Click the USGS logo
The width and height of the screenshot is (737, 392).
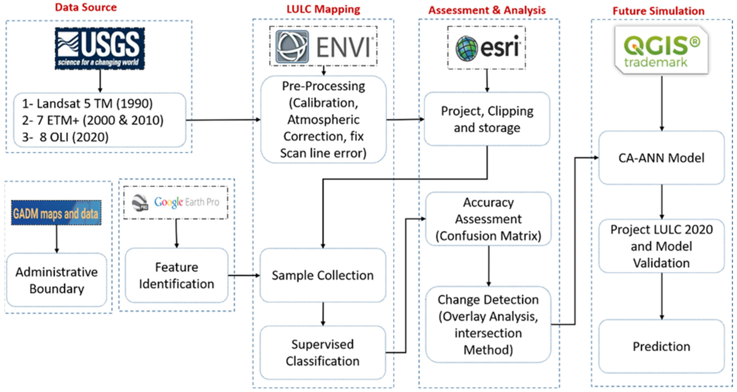(x=100, y=48)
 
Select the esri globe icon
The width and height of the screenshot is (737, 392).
(x=467, y=48)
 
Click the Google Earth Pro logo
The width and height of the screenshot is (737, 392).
(x=176, y=202)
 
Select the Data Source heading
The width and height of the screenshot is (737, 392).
(x=86, y=8)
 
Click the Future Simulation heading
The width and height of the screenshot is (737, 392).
(x=658, y=11)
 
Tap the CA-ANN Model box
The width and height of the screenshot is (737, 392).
(x=661, y=158)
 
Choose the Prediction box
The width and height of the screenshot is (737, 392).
(x=661, y=347)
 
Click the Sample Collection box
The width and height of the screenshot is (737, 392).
(x=323, y=275)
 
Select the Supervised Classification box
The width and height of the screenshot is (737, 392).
(x=323, y=353)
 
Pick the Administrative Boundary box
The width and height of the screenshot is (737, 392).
(x=57, y=280)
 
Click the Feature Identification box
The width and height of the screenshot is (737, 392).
(x=177, y=275)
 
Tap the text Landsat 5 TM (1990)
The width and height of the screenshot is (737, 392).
(x=88, y=104)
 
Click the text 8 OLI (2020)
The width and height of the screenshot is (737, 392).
(x=74, y=137)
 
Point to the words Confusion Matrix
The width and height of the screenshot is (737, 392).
(x=488, y=236)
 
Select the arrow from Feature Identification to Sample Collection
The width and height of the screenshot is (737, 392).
(x=244, y=276)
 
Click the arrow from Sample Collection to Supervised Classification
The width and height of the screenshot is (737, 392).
(x=323, y=314)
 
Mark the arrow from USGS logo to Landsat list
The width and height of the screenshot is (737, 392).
(x=100, y=81)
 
